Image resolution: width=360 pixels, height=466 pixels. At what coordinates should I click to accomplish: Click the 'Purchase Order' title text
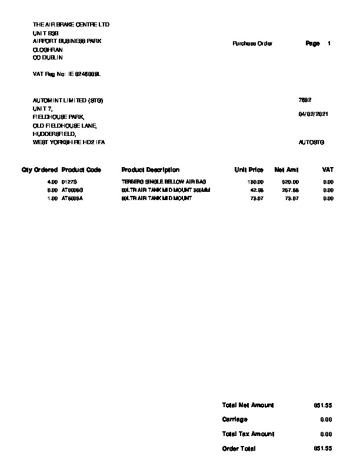[x=252, y=44]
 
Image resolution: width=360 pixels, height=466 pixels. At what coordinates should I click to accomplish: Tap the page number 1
[x=329, y=44]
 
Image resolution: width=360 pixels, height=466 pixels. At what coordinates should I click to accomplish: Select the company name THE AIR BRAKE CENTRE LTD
[x=71, y=25]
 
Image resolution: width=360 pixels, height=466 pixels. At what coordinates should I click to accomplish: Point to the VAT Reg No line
[x=67, y=74]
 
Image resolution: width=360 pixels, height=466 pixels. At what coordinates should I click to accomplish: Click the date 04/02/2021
[x=314, y=114]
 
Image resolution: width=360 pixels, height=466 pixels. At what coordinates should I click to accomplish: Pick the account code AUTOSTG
[x=312, y=142]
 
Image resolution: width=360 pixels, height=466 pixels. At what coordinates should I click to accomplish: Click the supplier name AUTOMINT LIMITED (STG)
[x=68, y=101]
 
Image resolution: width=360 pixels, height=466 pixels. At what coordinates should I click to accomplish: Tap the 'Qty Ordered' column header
[x=39, y=170]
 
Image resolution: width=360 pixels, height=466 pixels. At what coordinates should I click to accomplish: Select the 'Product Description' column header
[x=150, y=170]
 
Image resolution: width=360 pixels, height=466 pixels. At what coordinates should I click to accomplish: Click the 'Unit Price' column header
[x=249, y=170]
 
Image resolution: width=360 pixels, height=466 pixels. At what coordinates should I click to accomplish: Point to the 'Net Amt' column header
[x=286, y=170]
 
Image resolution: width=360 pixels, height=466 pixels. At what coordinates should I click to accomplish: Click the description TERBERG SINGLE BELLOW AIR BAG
[x=164, y=182]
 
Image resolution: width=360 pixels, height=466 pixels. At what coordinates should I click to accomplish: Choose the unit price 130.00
[x=256, y=182]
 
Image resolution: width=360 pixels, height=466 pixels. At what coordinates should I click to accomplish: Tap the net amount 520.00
[x=291, y=182]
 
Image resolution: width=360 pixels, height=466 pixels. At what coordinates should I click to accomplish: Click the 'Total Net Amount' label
[x=248, y=405]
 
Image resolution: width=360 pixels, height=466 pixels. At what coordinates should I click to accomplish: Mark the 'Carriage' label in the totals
[x=235, y=420]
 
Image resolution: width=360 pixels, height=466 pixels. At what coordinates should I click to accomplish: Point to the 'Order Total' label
[x=239, y=448]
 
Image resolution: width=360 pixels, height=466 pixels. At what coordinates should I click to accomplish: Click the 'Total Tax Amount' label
[x=248, y=434]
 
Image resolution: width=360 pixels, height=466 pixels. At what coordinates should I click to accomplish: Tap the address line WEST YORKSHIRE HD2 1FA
[x=68, y=142]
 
